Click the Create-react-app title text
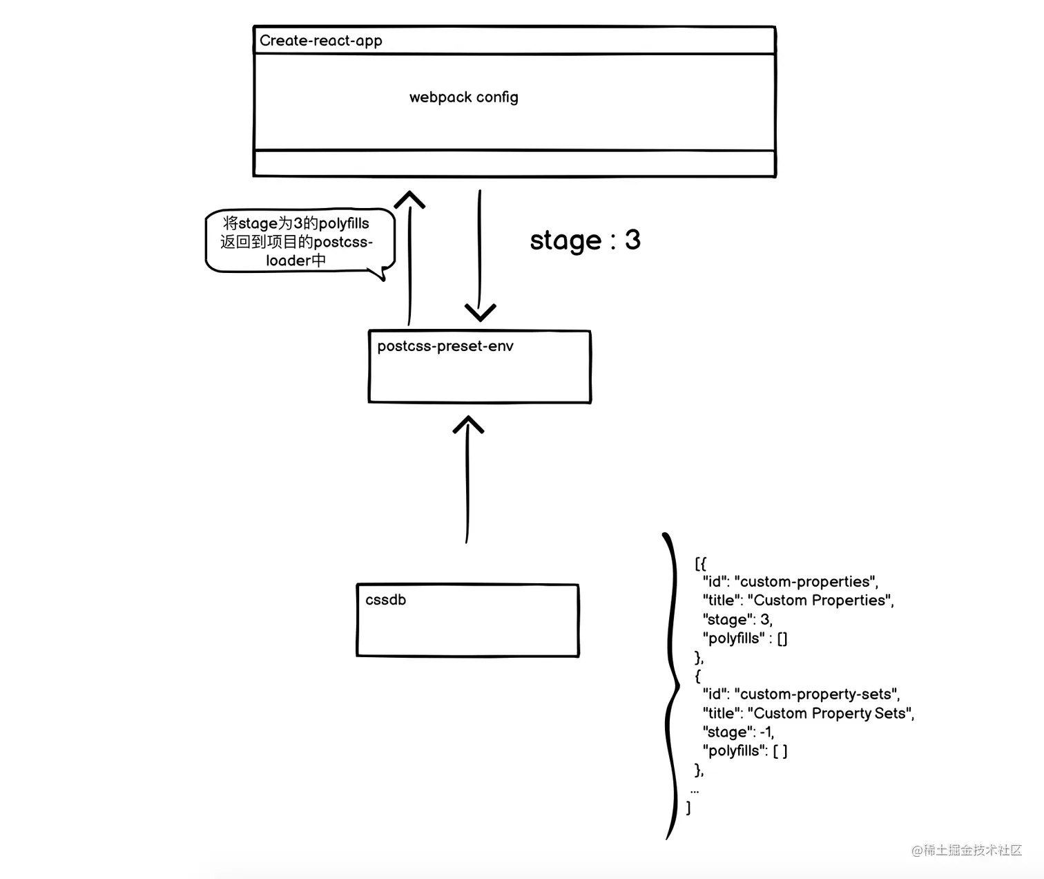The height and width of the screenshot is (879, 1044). click(320, 41)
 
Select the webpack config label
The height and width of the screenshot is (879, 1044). click(463, 97)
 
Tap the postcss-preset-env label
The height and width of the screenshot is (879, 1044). click(445, 346)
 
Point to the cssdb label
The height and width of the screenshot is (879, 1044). click(385, 600)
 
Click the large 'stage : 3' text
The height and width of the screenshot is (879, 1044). click(585, 240)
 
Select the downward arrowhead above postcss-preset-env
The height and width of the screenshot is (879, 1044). click(480, 312)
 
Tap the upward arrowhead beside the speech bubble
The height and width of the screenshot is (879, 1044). click(409, 200)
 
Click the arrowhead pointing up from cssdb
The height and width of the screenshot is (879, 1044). click(468, 424)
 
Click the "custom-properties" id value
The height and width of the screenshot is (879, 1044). click(806, 582)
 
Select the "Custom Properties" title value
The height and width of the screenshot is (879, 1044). click(820, 601)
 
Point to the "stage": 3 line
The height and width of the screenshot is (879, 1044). click(737, 620)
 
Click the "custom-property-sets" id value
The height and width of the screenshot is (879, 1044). click(817, 694)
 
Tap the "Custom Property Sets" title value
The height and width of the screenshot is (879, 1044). click(831, 713)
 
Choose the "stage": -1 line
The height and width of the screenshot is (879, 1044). click(739, 732)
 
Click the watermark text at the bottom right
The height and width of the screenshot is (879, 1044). click(967, 850)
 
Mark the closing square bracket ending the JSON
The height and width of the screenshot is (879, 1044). click(688, 808)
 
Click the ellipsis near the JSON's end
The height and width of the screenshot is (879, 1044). click(695, 791)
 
